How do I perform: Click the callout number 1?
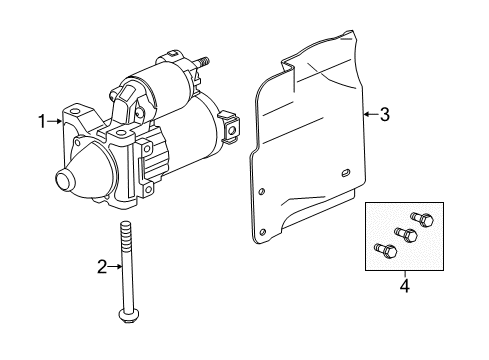pyautogui.click(x=43, y=122)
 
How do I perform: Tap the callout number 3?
pyautogui.click(x=384, y=114)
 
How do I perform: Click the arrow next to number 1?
pyautogui.click(x=56, y=122)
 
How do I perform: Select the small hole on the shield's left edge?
pyautogui.click(x=262, y=192)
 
